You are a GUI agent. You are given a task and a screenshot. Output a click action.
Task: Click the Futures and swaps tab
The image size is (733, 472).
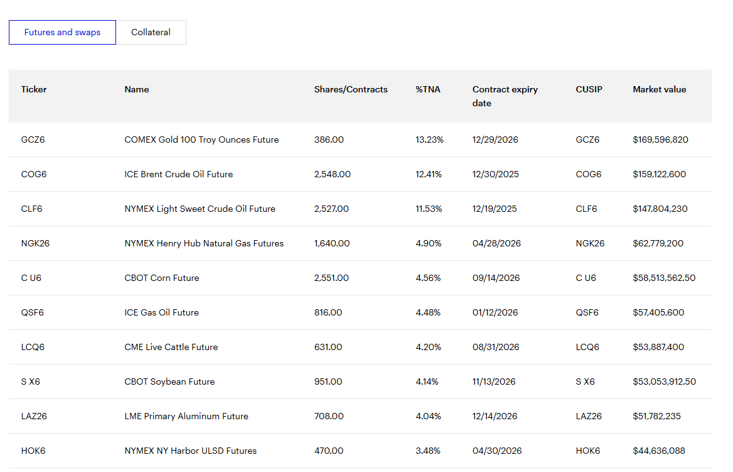point(62,32)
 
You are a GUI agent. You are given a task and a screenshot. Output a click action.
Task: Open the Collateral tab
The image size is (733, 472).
point(151,32)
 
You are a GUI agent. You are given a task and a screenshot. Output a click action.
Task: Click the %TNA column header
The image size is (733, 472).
point(428,89)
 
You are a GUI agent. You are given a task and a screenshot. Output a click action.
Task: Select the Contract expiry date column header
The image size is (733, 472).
point(505,96)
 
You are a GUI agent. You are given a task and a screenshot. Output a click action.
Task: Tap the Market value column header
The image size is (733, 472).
point(659,89)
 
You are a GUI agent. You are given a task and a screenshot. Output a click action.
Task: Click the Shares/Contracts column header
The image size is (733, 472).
point(351,89)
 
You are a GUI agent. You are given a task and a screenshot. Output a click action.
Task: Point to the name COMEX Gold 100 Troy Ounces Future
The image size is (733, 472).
point(201,140)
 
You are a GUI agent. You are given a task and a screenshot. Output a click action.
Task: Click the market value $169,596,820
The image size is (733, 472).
point(660,140)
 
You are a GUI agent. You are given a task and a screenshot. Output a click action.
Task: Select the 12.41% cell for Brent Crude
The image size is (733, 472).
point(428,174)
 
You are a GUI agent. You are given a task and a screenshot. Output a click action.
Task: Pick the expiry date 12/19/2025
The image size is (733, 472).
point(495,209)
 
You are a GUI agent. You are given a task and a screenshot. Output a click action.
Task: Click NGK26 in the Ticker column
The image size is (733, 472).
point(35,243)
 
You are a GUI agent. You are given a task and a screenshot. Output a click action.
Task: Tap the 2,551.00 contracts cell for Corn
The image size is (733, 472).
point(331,278)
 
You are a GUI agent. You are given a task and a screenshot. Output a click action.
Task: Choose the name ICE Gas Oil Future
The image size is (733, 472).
point(161,312)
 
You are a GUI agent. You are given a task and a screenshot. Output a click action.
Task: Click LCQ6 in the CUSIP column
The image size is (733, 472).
point(587,347)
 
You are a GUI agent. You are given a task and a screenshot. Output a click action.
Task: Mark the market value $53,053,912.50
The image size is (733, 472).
point(664,381)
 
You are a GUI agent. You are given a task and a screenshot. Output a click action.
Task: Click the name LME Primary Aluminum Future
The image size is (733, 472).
point(186,416)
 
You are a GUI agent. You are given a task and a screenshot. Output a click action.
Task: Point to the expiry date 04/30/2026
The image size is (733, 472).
point(497,451)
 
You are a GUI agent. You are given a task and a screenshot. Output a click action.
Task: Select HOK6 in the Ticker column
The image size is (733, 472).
point(33,451)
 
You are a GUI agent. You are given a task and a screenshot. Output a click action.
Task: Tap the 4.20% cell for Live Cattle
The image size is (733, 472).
point(428,347)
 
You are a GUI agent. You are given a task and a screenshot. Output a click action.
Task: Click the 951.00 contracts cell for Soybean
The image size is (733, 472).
point(328,381)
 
